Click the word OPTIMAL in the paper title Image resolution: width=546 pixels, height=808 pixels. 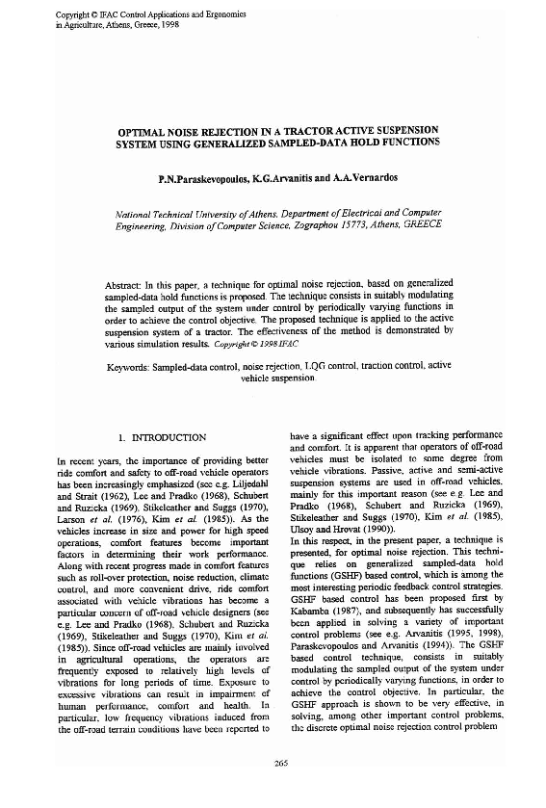pos(144,128)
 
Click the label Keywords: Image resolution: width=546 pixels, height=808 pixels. pos(130,367)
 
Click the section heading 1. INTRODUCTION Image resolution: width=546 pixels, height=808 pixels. pos(161,437)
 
